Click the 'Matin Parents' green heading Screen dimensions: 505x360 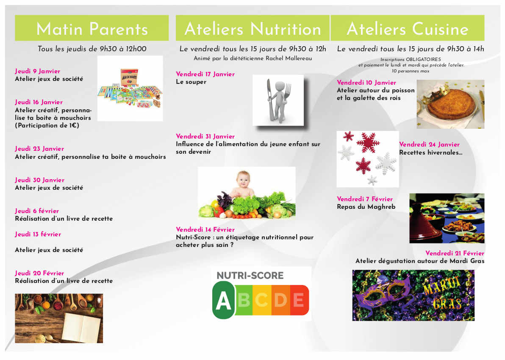pos(92,29)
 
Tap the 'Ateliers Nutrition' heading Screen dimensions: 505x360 pos(253,29)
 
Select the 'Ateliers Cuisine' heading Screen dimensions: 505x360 pos(408,29)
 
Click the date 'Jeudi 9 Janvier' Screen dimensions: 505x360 pos(37,71)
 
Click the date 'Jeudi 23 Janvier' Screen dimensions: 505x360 pos(39,149)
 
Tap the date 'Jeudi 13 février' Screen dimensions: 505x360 pos(38,234)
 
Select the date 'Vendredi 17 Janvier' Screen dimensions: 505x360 pos(205,74)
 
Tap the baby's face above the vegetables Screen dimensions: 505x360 pos(243,180)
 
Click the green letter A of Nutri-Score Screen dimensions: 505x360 pos(223,300)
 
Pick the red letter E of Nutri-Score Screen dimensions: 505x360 pos(299,300)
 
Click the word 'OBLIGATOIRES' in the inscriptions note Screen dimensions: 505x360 pos(423,59)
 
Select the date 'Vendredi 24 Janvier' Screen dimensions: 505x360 pos(429,144)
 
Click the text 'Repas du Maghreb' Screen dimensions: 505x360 pos(366,207)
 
